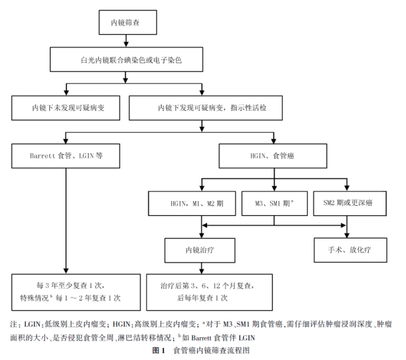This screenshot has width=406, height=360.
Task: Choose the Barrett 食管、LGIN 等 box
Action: tap(67, 154)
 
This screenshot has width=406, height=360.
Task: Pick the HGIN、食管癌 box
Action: tap(274, 154)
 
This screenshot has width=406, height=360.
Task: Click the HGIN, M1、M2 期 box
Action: tap(201, 204)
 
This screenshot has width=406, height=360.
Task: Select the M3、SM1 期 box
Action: tap(274, 204)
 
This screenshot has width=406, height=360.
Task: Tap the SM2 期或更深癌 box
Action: tap(348, 204)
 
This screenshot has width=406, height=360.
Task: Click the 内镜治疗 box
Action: tap(201, 249)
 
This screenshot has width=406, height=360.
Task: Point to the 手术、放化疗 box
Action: tap(348, 249)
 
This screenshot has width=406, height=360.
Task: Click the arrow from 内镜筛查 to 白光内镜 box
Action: tap(126, 42)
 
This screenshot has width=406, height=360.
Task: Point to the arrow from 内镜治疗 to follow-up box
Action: tap(201, 267)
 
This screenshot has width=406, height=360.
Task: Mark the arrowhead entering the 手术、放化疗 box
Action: tap(348, 234)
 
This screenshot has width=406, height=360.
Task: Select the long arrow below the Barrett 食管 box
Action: tap(67, 221)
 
